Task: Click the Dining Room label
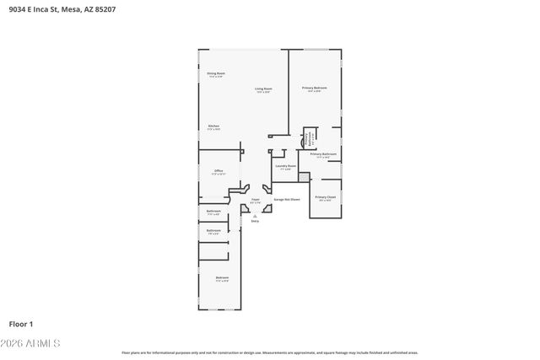tap(216, 74)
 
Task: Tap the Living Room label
tap(263, 89)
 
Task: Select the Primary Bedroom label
tap(315, 89)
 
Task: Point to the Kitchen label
tap(214, 127)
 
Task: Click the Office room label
tap(218, 172)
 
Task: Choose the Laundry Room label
tap(285, 167)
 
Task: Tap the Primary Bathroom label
tap(323, 155)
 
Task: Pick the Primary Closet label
tap(326, 197)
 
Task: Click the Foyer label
tap(256, 201)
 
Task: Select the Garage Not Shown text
tap(286, 200)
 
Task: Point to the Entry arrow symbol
tap(256, 215)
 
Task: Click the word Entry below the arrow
tap(256, 221)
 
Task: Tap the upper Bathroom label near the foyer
tap(213, 212)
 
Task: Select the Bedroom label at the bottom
tap(222, 278)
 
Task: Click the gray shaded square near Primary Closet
tap(304, 178)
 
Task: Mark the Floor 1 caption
tap(21, 324)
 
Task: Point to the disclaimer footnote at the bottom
tap(269, 352)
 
